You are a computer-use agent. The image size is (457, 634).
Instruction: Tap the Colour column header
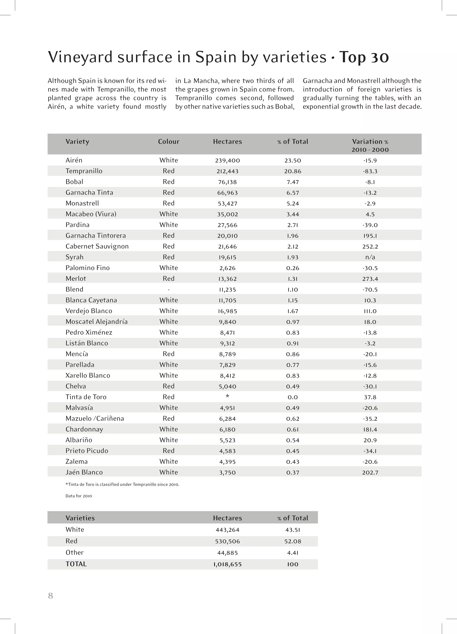tap(168, 141)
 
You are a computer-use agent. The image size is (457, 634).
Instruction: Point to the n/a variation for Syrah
tap(370, 257)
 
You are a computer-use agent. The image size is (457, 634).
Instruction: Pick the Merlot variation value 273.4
tap(370, 279)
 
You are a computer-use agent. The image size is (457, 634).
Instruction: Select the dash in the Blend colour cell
tap(168, 290)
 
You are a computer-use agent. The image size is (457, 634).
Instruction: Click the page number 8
tap(51, 596)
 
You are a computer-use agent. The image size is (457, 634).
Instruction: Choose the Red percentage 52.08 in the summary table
tap(293, 541)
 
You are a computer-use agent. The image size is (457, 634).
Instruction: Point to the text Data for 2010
tap(79, 496)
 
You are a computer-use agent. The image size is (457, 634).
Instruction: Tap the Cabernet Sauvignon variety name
tap(97, 246)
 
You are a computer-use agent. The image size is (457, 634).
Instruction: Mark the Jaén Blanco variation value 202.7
tap(370, 472)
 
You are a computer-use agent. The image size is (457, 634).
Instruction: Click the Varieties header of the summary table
tap(80, 518)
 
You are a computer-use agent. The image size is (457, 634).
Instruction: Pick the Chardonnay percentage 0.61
tap(293, 429)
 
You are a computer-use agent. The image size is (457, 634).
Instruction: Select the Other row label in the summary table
tap(74, 552)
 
